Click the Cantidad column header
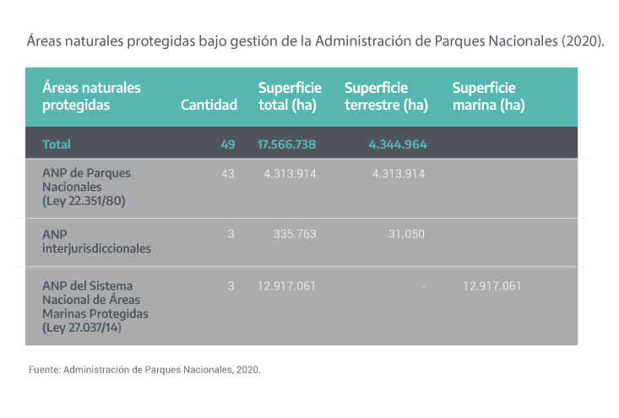pyautogui.click(x=209, y=106)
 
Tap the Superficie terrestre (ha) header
pyautogui.click(x=386, y=97)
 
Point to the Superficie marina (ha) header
pyautogui.click(x=489, y=97)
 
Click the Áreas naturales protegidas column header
pyautogui.click(x=91, y=97)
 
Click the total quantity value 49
pyautogui.click(x=227, y=144)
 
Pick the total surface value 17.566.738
pyautogui.click(x=286, y=144)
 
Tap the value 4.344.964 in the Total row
pyautogui.click(x=398, y=144)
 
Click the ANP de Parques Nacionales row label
pyautogui.click(x=86, y=186)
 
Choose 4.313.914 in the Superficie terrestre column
pyautogui.click(x=398, y=173)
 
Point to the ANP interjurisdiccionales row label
pyautogui.click(x=96, y=242)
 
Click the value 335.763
pyautogui.click(x=295, y=233)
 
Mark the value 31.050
pyautogui.click(x=406, y=233)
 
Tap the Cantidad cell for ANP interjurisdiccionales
pyautogui.click(x=231, y=233)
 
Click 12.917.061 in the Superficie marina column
pyautogui.click(x=492, y=286)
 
